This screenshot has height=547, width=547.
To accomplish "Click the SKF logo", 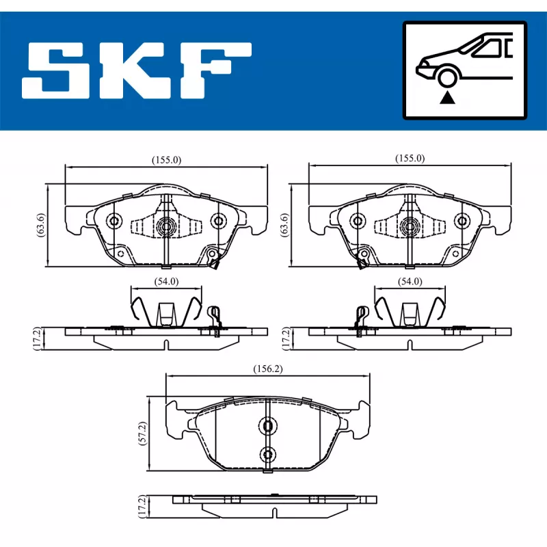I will coord(137,70).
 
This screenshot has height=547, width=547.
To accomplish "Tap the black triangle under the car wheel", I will coord(447,98).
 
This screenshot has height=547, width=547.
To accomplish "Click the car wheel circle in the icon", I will coord(447,78).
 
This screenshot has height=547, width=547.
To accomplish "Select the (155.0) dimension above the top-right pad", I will coord(410,158).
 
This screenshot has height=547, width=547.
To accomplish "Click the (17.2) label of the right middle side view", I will coord(285,338).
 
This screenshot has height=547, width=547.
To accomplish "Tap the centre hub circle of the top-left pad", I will coord(166,226).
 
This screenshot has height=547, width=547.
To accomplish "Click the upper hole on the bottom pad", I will coord(267,426).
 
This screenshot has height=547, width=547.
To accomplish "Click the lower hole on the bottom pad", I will coord(267,453).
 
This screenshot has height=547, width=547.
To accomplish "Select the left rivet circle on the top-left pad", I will coord(114,220).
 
